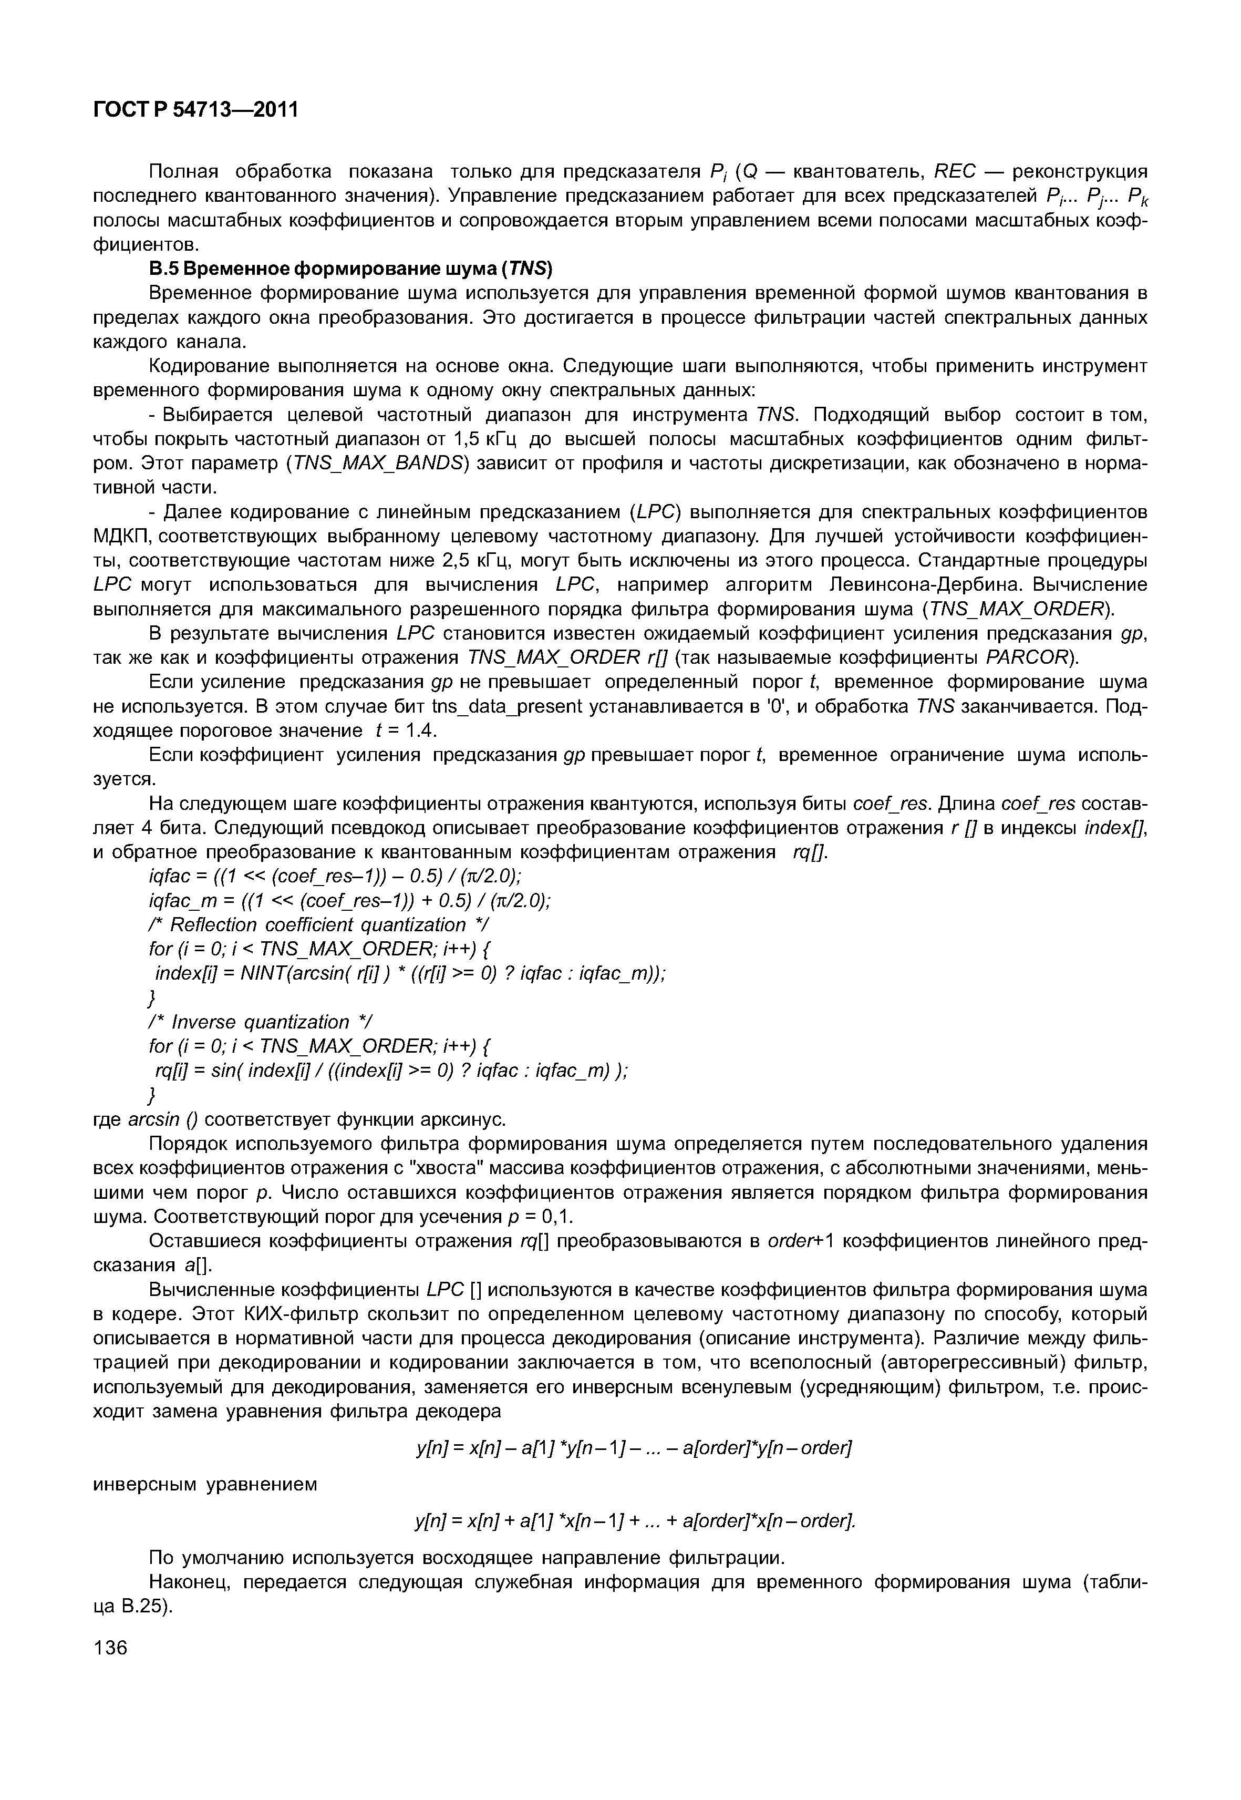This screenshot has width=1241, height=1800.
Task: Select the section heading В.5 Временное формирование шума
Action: point(350,269)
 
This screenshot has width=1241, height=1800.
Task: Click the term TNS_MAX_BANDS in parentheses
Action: point(376,464)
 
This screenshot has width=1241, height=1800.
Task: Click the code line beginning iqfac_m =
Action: point(350,901)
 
